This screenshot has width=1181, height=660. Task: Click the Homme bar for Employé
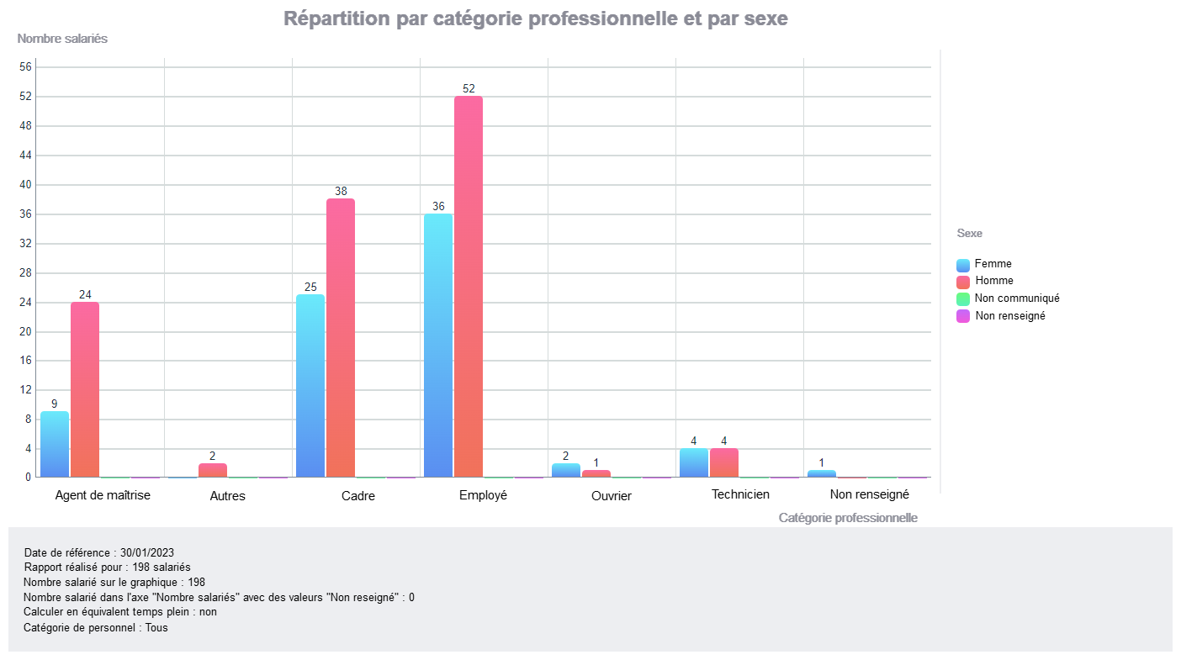(x=469, y=287)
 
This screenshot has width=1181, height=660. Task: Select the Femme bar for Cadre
(x=310, y=386)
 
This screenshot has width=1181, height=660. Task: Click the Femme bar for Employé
(x=438, y=346)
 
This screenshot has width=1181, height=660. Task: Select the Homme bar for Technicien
(x=724, y=462)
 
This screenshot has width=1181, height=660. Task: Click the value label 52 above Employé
(x=469, y=88)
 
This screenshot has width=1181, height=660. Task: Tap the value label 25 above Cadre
(x=310, y=287)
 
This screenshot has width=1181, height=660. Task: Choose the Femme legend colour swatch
(x=963, y=265)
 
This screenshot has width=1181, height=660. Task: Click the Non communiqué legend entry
(x=1016, y=298)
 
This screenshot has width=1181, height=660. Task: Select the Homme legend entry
(x=993, y=281)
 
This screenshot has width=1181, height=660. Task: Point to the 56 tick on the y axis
(x=25, y=67)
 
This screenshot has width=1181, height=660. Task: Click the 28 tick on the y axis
(x=25, y=273)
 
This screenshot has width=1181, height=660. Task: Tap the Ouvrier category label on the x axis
(x=612, y=496)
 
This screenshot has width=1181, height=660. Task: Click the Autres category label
(x=227, y=496)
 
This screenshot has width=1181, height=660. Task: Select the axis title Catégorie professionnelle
(x=848, y=518)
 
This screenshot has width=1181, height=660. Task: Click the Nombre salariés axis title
(x=62, y=39)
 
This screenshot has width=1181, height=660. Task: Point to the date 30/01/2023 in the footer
(x=147, y=553)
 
